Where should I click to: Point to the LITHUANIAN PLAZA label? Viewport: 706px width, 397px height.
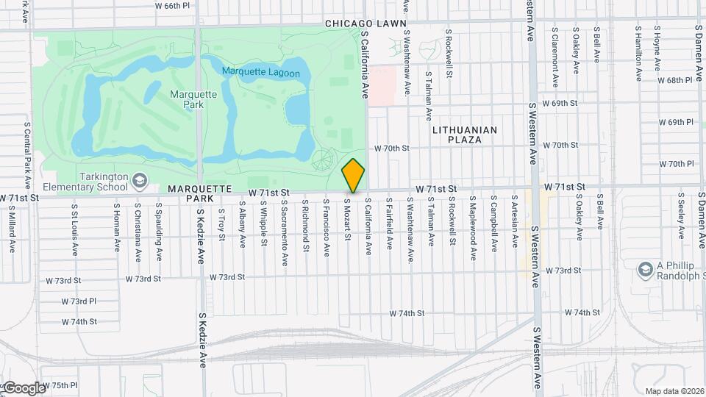pyautogui.click(x=465, y=135)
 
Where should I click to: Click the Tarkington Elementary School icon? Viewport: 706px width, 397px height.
pyautogui.click(x=140, y=180)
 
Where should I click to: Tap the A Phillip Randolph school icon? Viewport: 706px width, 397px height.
pyautogui.click(x=646, y=269)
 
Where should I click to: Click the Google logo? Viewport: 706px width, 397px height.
pyautogui.click(x=24, y=388)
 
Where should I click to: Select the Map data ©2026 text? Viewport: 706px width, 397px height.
pyautogui.click(x=674, y=391)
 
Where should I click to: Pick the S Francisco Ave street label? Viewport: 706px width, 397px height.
pyautogui.click(x=326, y=226)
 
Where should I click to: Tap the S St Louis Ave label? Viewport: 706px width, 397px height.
pyautogui.click(x=75, y=229)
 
